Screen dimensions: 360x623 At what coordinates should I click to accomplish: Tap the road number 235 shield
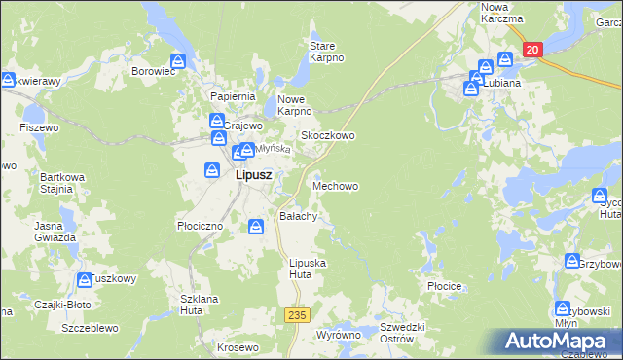click(x=298, y=315)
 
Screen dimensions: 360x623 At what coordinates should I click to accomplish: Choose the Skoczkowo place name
click(x=327, y=136)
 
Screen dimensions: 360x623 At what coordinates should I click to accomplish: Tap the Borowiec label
click(x=153, y=71)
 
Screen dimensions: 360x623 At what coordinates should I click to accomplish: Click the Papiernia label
click(x=233, y=96)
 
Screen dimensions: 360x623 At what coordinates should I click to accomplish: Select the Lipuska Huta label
click(x=308, y=269)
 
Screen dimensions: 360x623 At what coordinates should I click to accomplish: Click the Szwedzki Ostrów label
click(x=403, y=333)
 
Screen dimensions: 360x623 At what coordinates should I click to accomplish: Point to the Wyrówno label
click(x=339, y=335)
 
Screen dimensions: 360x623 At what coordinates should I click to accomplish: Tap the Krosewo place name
click(x=238, y=347)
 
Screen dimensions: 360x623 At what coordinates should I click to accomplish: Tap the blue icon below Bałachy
click(x=255, y=227)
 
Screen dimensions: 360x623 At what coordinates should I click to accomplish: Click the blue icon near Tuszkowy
click(x=85, y=280)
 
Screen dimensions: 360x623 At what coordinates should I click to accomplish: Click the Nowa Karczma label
click(x=501, y=13)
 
